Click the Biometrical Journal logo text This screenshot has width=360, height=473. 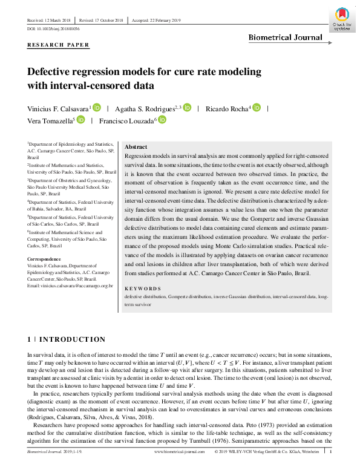coord(285,38)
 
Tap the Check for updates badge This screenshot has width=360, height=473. coord(342,19)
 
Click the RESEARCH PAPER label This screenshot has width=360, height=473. coord(59,45)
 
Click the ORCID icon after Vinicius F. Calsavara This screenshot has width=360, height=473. coord(97,108)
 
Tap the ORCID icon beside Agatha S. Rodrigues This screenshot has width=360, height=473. coord(186,108)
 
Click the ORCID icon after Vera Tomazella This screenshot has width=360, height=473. coord(81,120)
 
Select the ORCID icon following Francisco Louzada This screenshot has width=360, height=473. coord(162,120)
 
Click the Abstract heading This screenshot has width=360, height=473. coord(136,147)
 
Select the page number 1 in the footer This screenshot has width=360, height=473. coord(331,468)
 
